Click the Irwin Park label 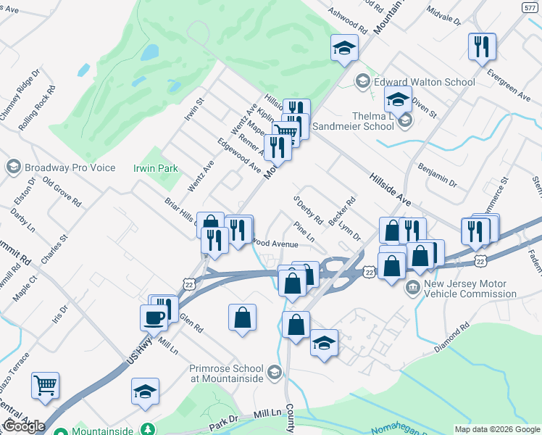[156, 168]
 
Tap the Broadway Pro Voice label [70, 167]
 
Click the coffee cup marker [154, 316]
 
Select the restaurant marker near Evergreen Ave [481, 47]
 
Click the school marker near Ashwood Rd [345, 48]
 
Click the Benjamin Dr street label [437, 175]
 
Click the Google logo [23, 426]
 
